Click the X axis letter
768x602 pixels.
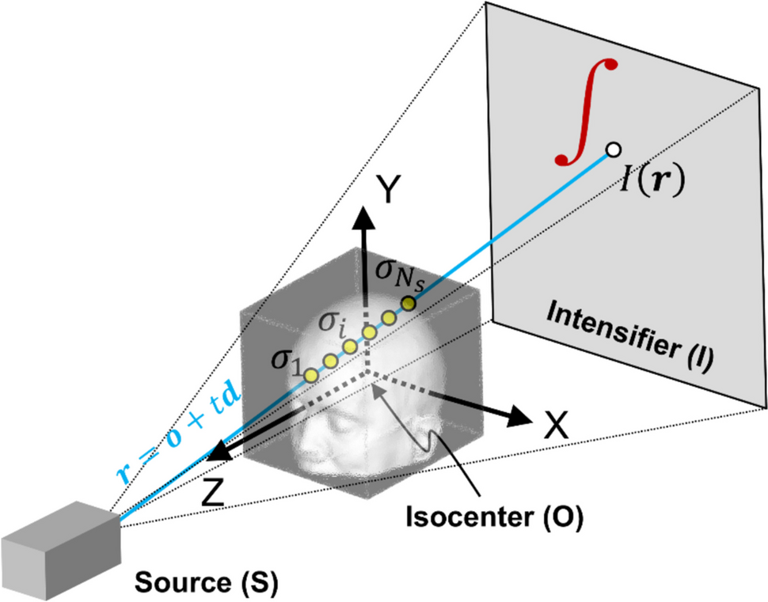(557, 427)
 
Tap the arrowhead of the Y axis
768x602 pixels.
(366, 215)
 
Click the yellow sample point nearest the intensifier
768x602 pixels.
(409, 303)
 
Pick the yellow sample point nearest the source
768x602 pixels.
(311, 373)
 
